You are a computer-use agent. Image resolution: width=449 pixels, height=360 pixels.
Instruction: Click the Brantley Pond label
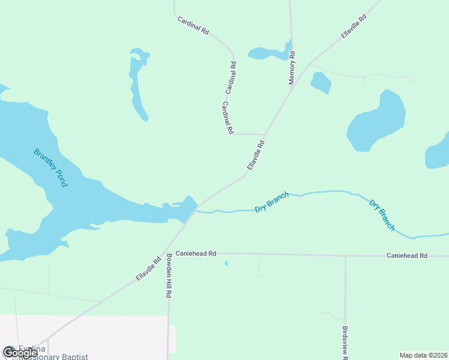tap(51, 168)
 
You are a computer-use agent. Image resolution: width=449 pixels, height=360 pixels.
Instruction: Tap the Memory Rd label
tap(292, 68)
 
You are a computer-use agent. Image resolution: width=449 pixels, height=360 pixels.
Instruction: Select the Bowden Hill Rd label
tap(169, 276)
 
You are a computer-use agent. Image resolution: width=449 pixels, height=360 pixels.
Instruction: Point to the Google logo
tap(20, 352)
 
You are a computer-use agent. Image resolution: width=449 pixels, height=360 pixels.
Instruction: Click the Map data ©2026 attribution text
tap(423, 355)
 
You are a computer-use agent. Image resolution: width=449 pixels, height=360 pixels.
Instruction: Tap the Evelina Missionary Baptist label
tap(53, 353)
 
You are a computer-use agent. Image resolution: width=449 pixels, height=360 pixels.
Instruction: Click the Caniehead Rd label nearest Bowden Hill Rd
tap(196, 254)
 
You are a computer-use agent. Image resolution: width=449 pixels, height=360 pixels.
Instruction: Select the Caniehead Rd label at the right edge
tap(406, 256)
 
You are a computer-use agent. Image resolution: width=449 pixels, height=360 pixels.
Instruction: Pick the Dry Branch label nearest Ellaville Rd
tap(272, 202)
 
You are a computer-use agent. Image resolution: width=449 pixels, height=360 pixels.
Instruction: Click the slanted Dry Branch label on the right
tap(382, 215)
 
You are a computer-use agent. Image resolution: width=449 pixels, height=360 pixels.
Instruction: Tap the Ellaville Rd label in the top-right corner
tap(354, 27)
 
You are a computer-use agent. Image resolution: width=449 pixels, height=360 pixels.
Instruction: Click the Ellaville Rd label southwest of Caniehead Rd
tap(148, 268)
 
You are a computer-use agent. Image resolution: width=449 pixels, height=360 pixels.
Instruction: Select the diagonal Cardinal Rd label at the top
tap(193, 25)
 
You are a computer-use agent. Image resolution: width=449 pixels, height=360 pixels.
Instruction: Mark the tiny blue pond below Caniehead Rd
tap(226, 263)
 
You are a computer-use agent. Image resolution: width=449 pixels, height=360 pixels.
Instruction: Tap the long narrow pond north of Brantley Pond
tap(138, 84)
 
